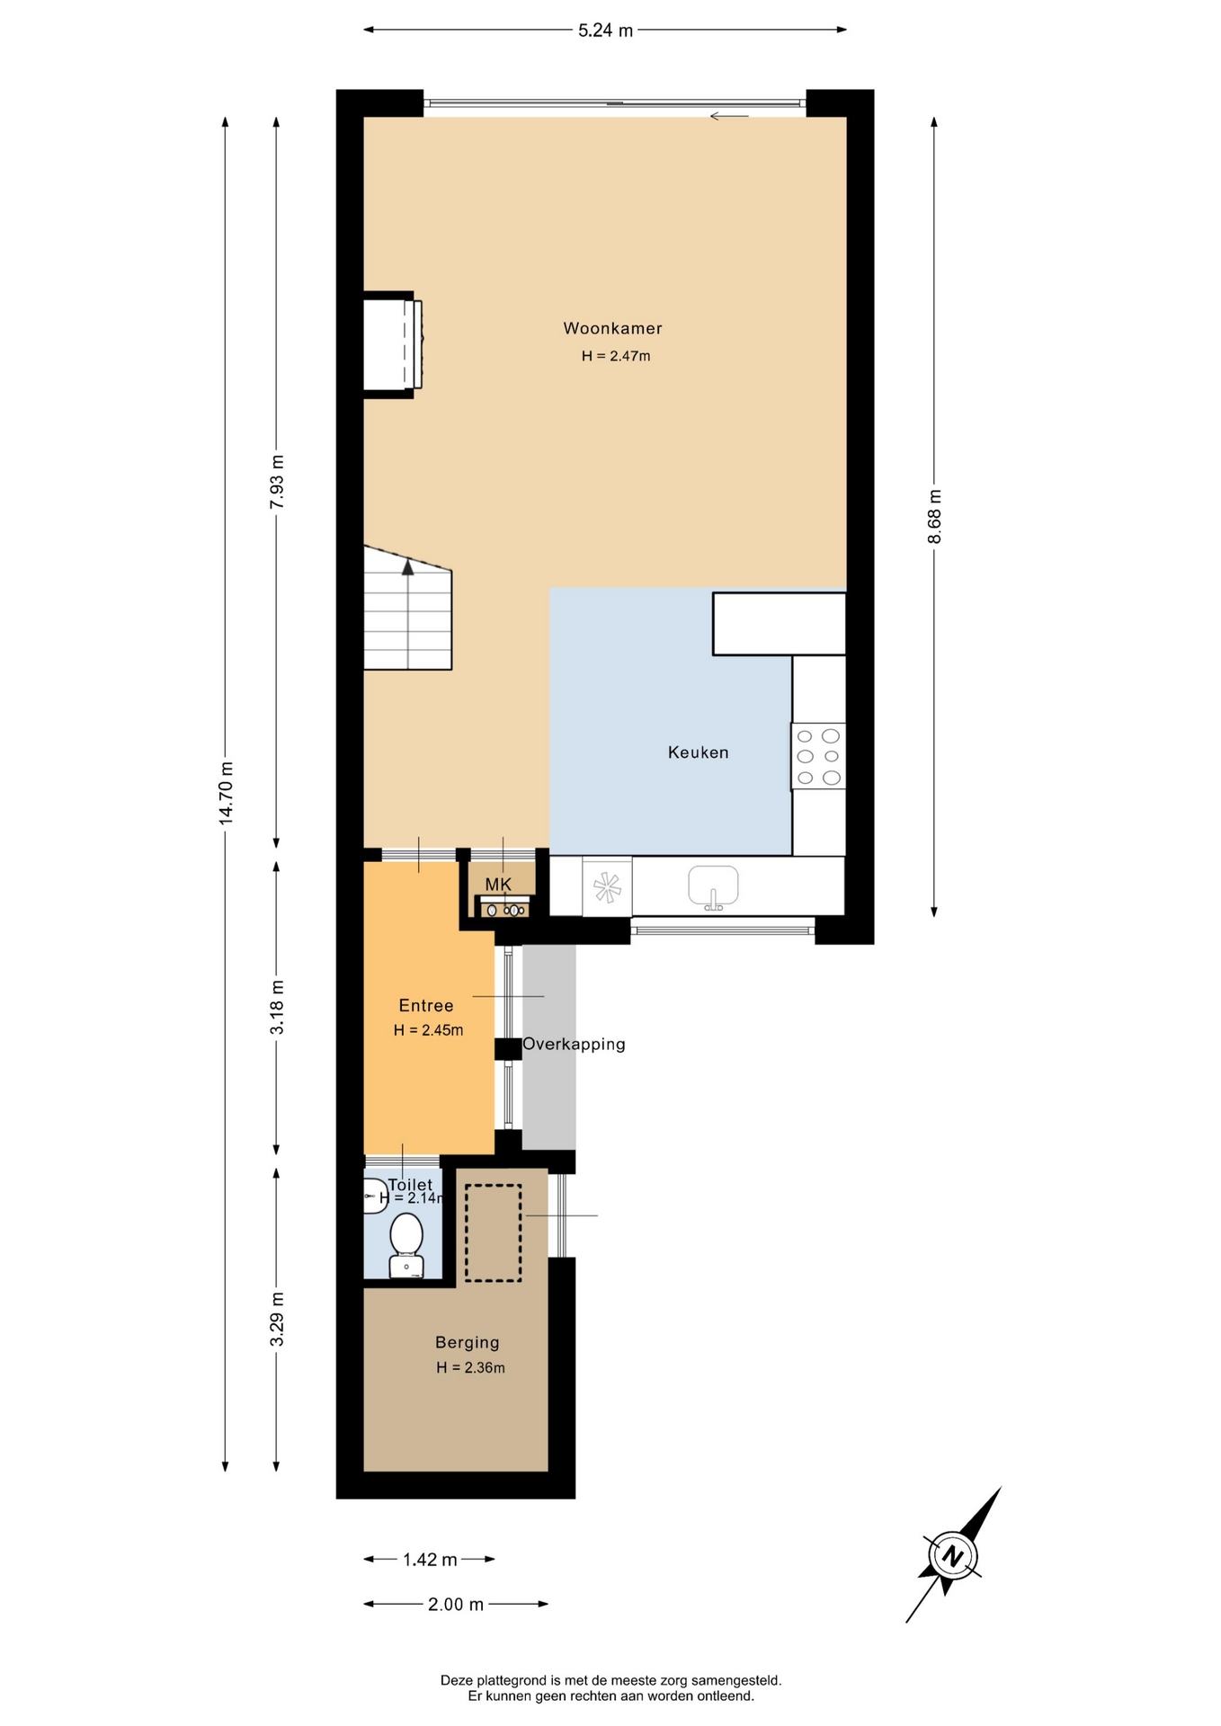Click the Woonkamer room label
pyautogui.click(x=612, y=329)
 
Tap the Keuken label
pyautogui.click(x=698, y=752)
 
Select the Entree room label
pyautogui.click(x=425, y=1006)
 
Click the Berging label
pyautogui.click(x=467, y=1342)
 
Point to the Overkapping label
pyautogui.click(x=574, y=1045)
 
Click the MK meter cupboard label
pyautogui.click(x=498, y=885)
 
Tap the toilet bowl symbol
pyautogui.click(x=406, y=1245)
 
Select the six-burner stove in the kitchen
pyautogui.click(x=818, y=757)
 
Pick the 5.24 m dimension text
pyautogui.click(x=605, y=31)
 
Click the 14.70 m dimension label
pyautogui.click(x=227, y=792)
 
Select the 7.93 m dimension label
pyautogui.click(x=278, y=482)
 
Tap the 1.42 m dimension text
pyautogui.click(x=430, y=1560)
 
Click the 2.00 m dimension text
pyautogui.click(x=456, y=1604)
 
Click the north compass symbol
pyautogui.click(x=953, y=1555)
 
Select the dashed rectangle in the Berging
pyautogui.click(x=493, y=1232)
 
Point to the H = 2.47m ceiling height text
pyautogui.click(x=616, y=356)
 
